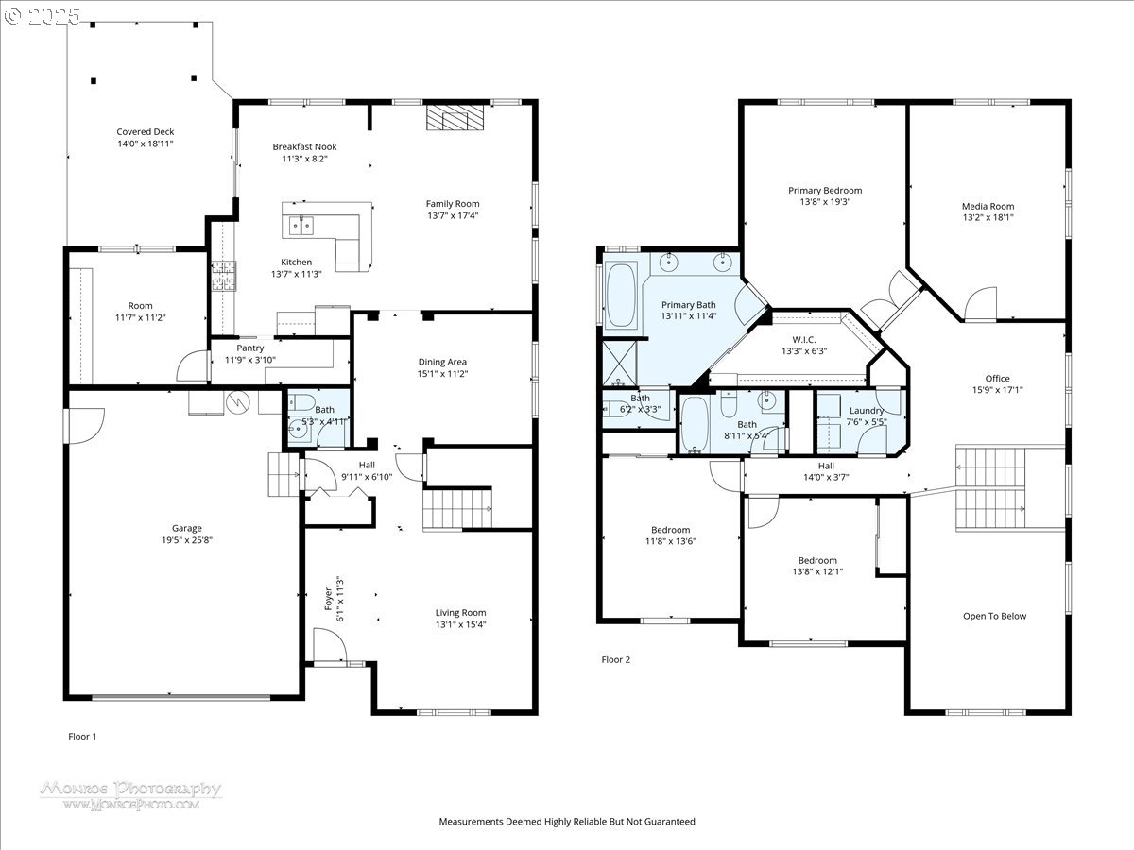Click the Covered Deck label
tap(145, 132)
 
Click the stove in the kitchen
tap(222, 276)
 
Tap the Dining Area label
tap(442, 362)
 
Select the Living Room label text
tap(460, 612)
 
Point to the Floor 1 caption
tap(82, 736)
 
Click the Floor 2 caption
tap(615, 660)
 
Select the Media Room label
tap(988, 206)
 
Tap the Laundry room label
tap(867, 411)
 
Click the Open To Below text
tap(994, 617)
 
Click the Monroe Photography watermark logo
tap(130, 794)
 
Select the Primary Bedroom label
tap(825, 190)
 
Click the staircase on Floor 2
tap(990, 488)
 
